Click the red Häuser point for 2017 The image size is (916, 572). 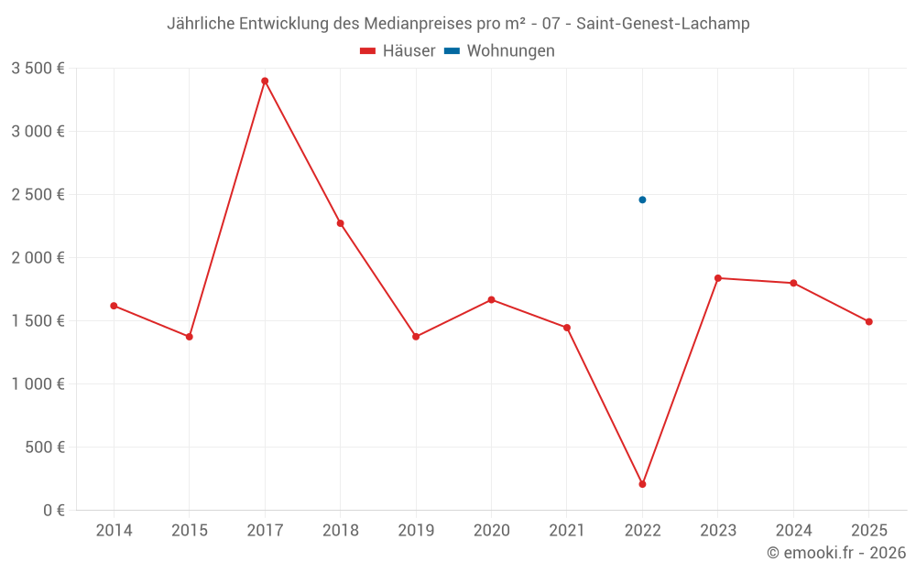265,81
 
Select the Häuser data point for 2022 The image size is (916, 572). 642,484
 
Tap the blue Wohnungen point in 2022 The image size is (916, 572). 642,200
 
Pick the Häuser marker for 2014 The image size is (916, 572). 114,306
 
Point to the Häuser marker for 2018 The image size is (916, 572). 340,223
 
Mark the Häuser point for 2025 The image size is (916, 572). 868,322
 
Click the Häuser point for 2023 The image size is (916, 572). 717,278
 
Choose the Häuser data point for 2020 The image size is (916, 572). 491,300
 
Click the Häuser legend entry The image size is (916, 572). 398,51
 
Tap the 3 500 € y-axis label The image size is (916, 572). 38,69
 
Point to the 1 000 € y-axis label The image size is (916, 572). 38,384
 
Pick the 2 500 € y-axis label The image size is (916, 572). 38,195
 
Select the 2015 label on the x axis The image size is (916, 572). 190,531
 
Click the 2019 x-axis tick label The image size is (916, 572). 416,531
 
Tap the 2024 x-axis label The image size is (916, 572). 793,531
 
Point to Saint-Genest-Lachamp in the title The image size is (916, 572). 663,24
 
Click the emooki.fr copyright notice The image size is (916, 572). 836,553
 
